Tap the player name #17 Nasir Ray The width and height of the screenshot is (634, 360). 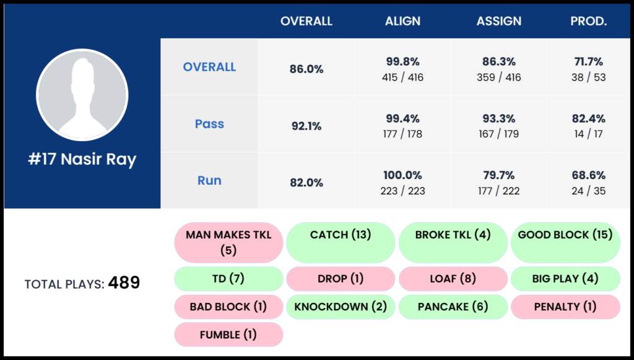point(82,159)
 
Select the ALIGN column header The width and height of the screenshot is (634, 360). point(402,21)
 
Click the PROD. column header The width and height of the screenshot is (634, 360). point(588,21)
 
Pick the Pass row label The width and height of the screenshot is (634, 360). point(209,124)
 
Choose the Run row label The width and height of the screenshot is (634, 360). point(209,181)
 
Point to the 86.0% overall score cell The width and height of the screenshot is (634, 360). point(306,69)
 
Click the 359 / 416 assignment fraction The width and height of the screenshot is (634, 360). point(498,77)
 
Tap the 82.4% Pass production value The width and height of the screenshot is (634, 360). point(589,118)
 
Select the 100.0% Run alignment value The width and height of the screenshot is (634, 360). point(402,175)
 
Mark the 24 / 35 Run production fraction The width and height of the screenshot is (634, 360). point(589,191)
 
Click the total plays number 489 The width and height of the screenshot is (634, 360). point(124,283)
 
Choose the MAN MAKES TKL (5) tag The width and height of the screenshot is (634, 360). point(228,242)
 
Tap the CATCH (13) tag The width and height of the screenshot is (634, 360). point(340,235)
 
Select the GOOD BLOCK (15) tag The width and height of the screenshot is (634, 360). point(565,235)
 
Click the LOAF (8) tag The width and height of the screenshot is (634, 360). point(453,279)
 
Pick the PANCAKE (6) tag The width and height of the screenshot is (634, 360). point(453,307)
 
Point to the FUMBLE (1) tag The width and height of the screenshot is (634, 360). point(228,335)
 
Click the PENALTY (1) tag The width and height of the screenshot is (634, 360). point(565,307)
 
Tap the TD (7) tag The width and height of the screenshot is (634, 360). point(228,279)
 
